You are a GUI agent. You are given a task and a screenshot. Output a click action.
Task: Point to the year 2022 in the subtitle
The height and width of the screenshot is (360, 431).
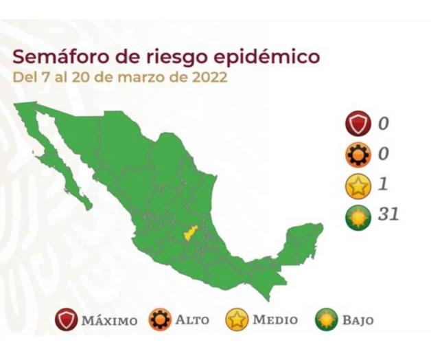(207, 76)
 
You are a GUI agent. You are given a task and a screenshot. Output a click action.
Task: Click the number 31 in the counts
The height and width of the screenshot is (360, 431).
(388, 214)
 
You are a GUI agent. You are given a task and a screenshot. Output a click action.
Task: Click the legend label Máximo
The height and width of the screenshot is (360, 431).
(109, 320)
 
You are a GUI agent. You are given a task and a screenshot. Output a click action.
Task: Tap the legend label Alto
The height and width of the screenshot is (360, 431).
(192, 320)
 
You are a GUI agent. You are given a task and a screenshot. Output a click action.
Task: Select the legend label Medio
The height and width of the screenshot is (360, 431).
(275, 320)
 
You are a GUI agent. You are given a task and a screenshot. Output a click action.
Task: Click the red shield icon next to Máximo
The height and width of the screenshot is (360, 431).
(67, 320)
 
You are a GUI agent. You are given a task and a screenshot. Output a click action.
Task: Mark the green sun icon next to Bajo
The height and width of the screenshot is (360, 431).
(327, 320)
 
